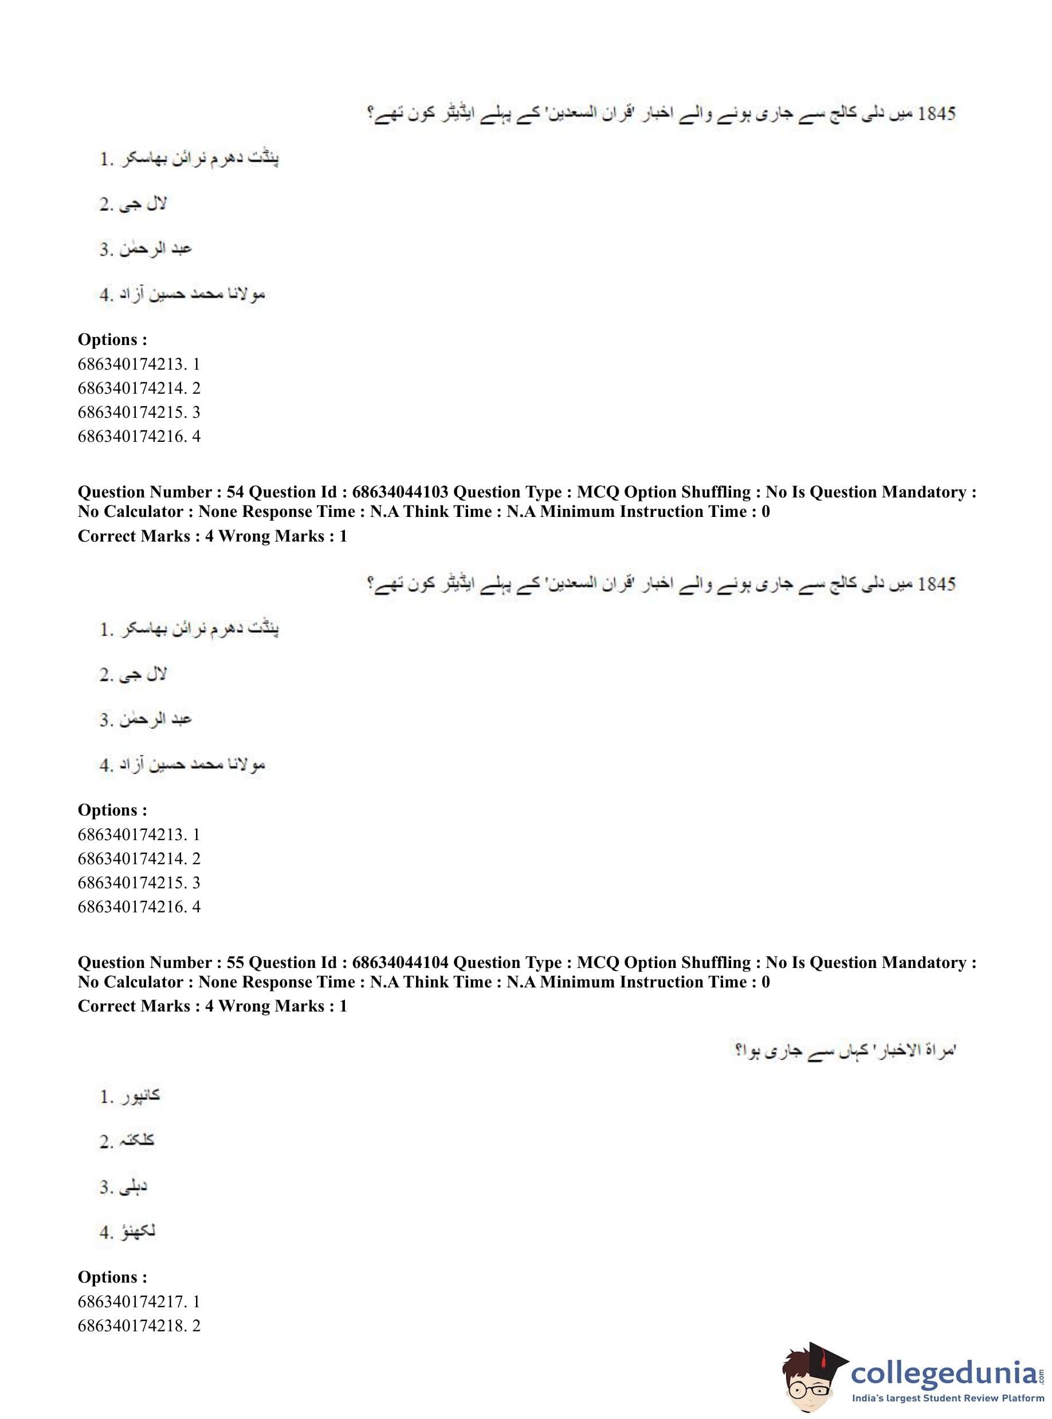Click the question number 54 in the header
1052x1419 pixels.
(235, 492)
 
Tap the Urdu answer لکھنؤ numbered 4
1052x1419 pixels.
(136, 1232)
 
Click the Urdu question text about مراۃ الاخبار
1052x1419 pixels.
(845, 1050)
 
